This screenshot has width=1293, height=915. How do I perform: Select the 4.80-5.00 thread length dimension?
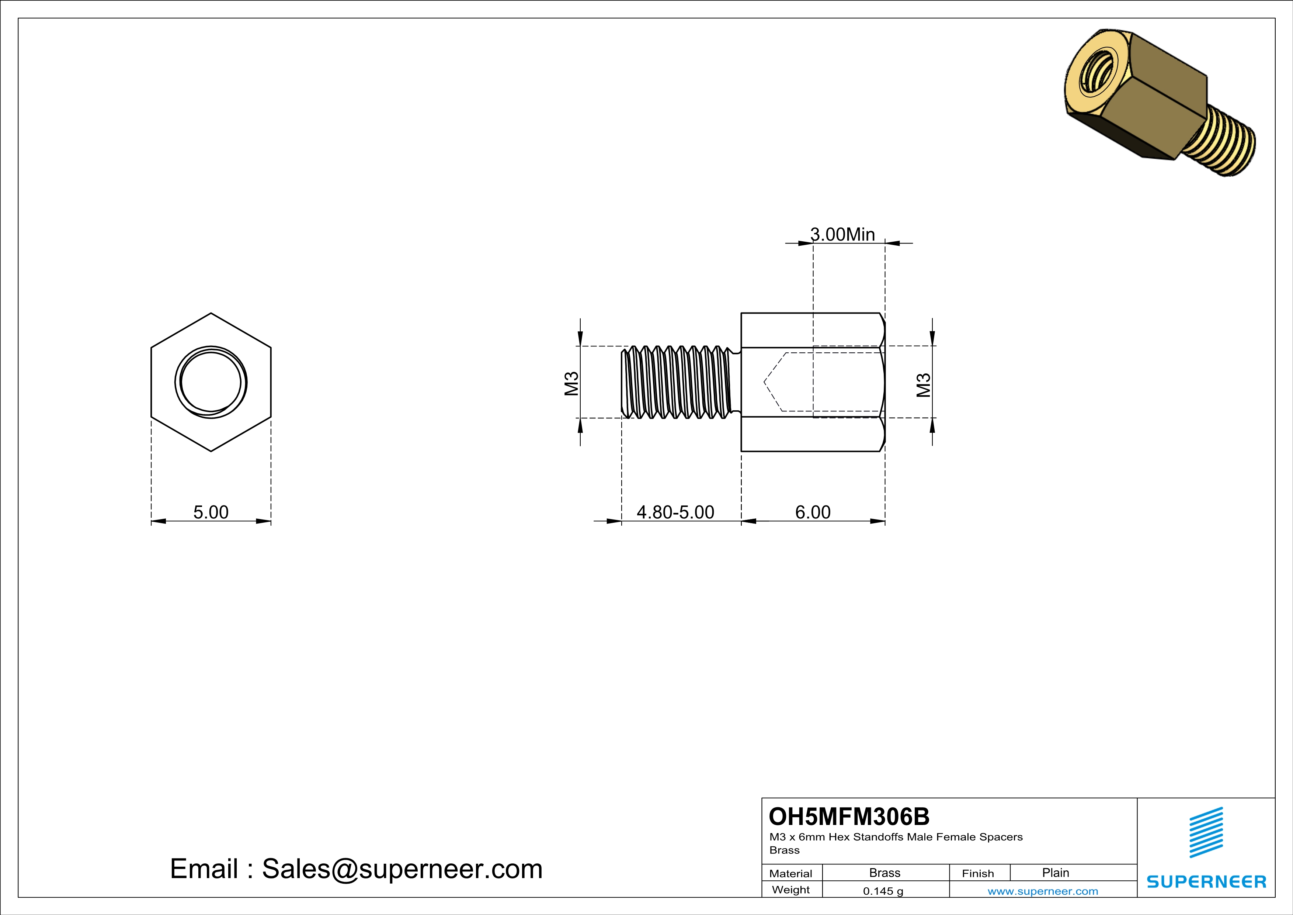tap(675, 512)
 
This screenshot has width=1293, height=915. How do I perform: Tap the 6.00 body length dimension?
tap(813, 512)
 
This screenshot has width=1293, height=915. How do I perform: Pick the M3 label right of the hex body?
tap(924, 386)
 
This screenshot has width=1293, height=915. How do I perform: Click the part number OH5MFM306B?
tap(849, 816)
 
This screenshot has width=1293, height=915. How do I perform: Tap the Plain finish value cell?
tap(1055, 873)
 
